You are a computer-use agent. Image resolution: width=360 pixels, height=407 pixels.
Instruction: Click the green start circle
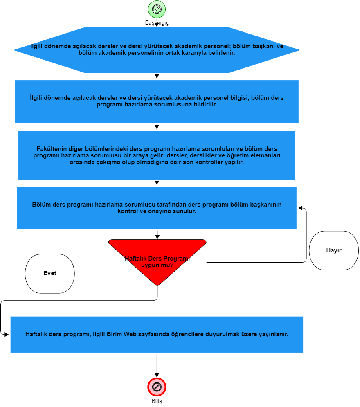pyautogui.click(x=157, y=9)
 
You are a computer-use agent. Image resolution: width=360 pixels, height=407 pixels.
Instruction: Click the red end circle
pyautogui.click(x=157, y=387)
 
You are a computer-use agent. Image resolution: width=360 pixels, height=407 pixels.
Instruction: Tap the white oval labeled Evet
pyautogui.click(x=50, y=274)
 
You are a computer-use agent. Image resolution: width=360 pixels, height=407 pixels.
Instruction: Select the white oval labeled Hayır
pyautogui.click(x=334, y=251)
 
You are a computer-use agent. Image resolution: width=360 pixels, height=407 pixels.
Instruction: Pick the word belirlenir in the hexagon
pyautogui.click(x=221, y=53)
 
